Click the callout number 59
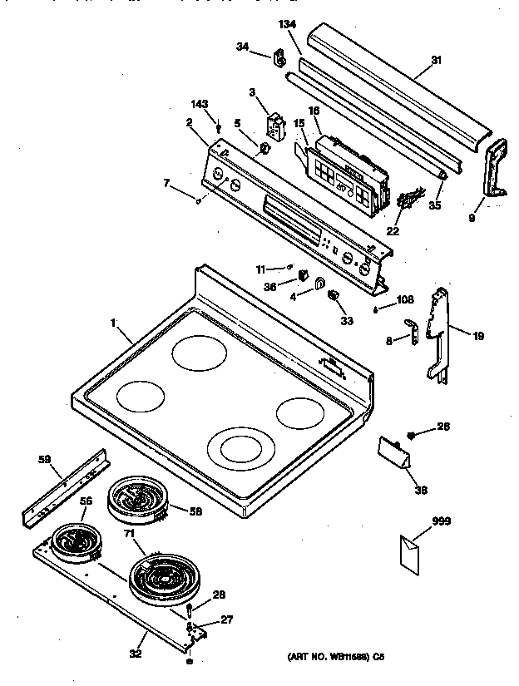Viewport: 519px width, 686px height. pyautogui.click(x=45, y=457)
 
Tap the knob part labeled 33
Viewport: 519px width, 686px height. pyautogui.click(x=334, y=295)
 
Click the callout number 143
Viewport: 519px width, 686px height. pyautogui.click(x=200, y=104)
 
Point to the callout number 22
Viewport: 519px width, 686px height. pyautogui.click(x=393, y=230)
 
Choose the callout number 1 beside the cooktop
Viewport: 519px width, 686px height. pyautogui.click(x=114, y=321)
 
